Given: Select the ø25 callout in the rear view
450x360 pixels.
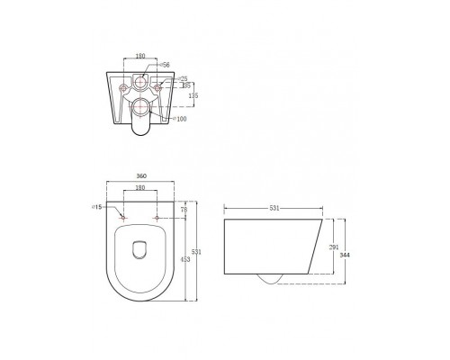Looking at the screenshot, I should pos(184,79).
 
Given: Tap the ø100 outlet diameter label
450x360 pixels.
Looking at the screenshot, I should pos(180,118).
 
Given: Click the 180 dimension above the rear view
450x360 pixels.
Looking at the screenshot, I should pos(139,56).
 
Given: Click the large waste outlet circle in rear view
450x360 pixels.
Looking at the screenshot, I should pos(140,111).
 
